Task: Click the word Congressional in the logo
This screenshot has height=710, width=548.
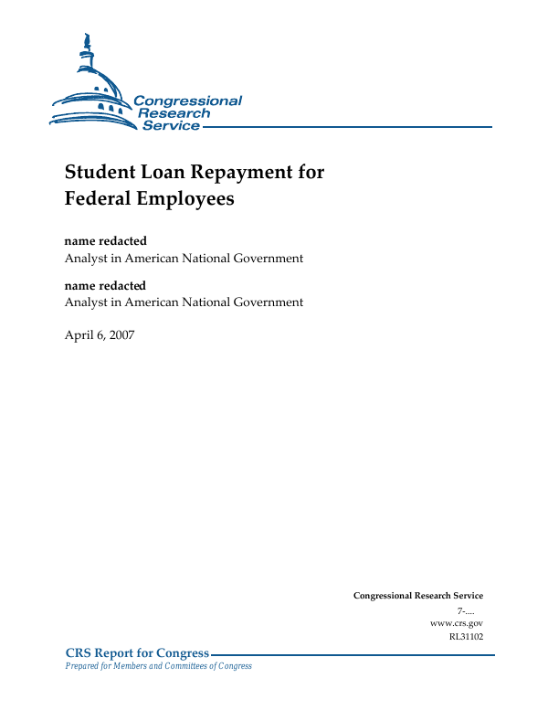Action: pos(187,101)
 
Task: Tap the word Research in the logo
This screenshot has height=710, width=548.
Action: pos(174,113)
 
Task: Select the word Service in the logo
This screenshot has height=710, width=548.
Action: pos(171,125)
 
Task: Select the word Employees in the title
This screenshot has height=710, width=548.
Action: pos(188,198)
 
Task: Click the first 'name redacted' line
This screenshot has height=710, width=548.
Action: pos(105,241)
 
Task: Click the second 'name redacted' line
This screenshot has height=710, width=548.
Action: pos(105,286)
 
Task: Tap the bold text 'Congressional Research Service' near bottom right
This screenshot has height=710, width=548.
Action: pos(417,596)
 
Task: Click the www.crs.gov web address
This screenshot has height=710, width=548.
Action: pos(456,622)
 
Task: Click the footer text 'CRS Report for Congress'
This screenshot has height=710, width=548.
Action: pos(137,652)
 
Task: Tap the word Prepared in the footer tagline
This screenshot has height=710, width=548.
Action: pos(83,666)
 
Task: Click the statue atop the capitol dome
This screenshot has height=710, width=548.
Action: pos(87,42)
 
